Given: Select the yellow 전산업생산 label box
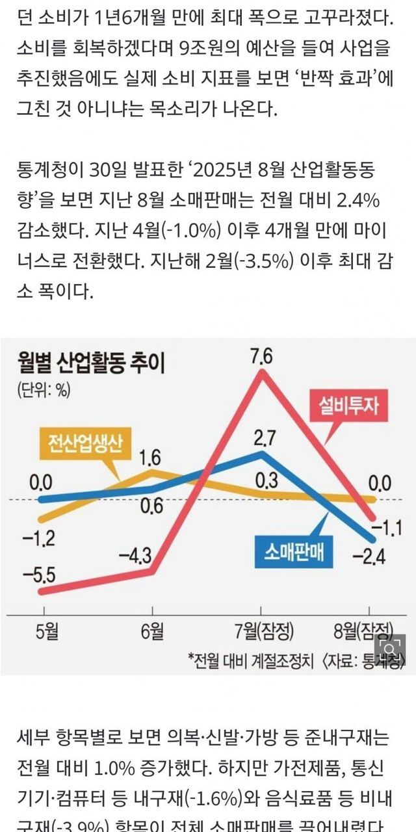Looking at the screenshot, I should pos(82,445).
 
